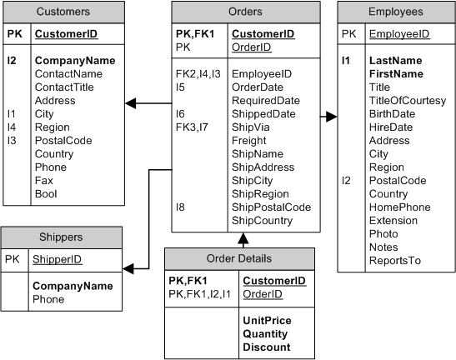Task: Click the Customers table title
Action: click(64, 12)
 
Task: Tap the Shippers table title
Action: click(64, 237)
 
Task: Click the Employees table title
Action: click(395, 12)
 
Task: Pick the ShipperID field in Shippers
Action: click(58, 259)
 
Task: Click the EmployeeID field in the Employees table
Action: click(399, 34)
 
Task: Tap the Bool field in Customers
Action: click(46, 194)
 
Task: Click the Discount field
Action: click(267, 347)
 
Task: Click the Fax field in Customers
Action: click(44, 181)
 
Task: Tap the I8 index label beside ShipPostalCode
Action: click(181, 207)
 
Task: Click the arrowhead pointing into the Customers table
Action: click(130, 103)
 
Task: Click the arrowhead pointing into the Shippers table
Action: click(128, 268)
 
